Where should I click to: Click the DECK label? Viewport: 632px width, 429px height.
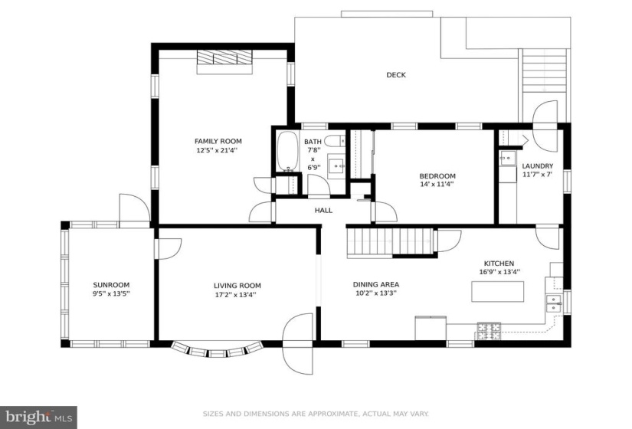(396, 74)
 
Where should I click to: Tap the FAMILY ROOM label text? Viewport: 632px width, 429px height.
(218, 141)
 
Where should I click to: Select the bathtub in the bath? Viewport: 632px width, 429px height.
(287, 151)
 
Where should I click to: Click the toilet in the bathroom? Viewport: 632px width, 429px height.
(335, 141)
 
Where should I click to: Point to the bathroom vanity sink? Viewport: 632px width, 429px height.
(336, 165)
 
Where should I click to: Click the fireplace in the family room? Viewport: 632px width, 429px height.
(224, 61)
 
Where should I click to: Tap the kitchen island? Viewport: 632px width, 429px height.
(498, 291)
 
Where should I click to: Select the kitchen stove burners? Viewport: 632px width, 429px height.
(489, 331)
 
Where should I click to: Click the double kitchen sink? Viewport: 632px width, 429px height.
(553, 303)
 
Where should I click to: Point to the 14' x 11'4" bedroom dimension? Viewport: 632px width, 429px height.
(437, 185)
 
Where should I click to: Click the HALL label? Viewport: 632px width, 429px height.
(323, 210)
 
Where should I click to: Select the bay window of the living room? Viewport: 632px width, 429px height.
(216, 350)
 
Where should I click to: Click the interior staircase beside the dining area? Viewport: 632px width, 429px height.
(390, 241)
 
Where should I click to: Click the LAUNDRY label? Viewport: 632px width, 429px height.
(537, 165)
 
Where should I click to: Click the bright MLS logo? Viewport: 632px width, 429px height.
(39, 416)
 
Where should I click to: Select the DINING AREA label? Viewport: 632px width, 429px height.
(376, 284)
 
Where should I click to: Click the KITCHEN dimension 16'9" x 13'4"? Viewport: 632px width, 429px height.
(499, 272)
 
